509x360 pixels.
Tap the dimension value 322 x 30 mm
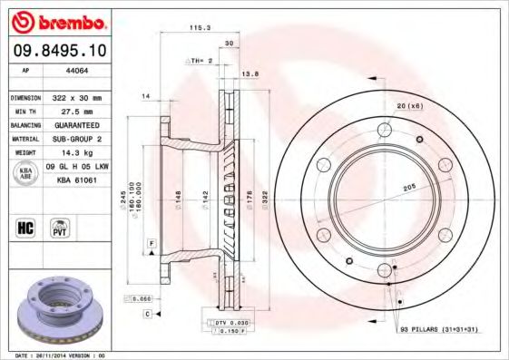point(77,97)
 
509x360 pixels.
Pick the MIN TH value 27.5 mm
point(70,111)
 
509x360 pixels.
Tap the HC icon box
point(25,228)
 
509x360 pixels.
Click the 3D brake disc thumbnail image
point(61,308)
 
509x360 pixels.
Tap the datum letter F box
point(152,243)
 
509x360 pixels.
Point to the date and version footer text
point(61,355)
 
